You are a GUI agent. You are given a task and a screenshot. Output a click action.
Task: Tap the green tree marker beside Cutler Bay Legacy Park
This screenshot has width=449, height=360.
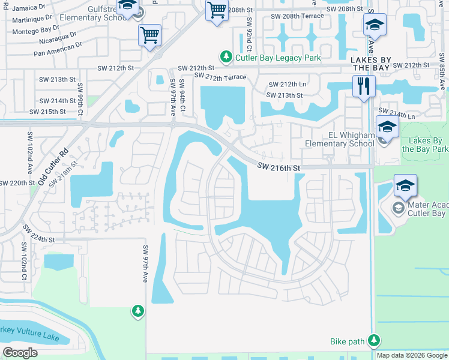coord(226,58)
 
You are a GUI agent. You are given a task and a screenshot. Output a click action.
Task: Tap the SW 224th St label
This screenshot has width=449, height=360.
coord(38,235)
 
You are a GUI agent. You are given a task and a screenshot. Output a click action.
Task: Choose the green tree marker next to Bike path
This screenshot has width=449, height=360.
coord(374,341)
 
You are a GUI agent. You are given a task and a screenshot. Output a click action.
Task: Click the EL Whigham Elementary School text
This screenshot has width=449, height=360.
coord(339,140)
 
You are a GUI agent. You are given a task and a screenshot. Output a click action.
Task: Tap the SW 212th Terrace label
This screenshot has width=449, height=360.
coord(220,77)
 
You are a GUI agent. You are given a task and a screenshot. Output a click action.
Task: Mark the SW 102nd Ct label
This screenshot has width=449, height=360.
coord(25,261)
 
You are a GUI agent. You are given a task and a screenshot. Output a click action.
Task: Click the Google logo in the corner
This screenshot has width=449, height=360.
coord(20,352)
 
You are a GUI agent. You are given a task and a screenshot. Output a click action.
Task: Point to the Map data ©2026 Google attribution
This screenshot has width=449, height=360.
coord(411,355)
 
